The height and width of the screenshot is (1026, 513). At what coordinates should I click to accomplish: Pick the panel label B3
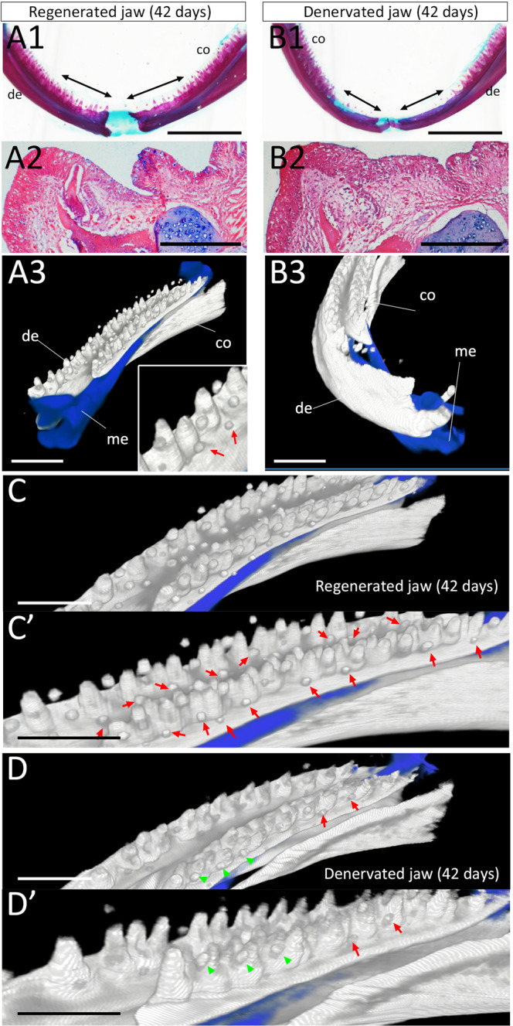coord(287,274)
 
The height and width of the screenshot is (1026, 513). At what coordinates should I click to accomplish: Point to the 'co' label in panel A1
coord(202,49)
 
